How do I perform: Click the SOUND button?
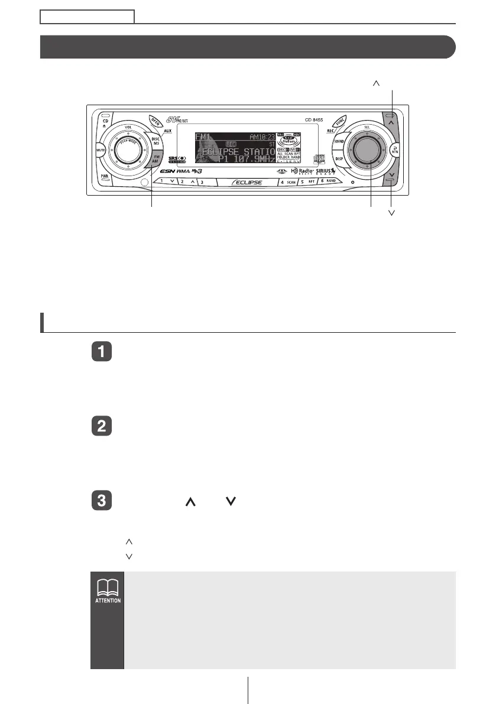339,142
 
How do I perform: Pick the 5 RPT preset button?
307,182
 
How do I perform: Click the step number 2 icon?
102,426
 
